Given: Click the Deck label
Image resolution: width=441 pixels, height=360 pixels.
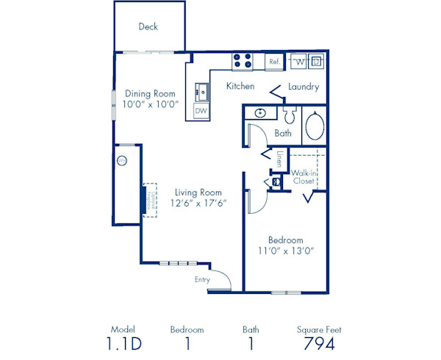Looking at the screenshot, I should [148, 27].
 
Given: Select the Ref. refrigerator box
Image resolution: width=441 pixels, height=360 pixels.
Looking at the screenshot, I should [273, 62].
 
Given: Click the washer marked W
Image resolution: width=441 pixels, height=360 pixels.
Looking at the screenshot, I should [300, 61].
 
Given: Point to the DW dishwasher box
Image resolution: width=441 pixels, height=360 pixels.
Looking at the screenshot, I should [201, 111].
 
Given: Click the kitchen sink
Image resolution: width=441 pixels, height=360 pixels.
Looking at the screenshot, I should [201, 93].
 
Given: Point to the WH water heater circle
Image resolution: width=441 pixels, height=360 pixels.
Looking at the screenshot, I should [122, 160].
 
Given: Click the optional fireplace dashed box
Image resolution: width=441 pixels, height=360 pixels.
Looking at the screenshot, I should [151, 198].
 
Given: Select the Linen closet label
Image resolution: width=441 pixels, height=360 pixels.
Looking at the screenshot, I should [280, 159].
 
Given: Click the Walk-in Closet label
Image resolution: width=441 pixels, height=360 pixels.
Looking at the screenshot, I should [303, 177].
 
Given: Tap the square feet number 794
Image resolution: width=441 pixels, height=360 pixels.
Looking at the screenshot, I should [319, 344].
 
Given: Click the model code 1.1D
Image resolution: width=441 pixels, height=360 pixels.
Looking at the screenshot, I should [123, 344].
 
